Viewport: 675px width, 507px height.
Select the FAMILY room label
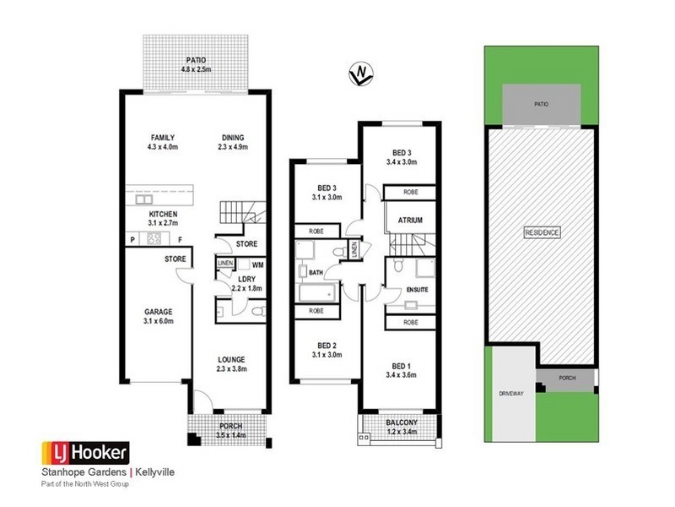[x=162, y=137]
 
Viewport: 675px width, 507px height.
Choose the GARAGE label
[x=158, y=311]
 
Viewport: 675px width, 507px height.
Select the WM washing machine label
[x=256, y=265]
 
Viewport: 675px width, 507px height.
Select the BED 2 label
[x=328, y=346]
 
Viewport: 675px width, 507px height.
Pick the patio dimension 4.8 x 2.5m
[x=196, y=70]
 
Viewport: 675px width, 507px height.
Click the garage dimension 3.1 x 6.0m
[x=158, y=321]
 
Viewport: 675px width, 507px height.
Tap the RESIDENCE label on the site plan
[x=542, y=232]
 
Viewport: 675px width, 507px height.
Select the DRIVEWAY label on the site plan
[x=510, y=392]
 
